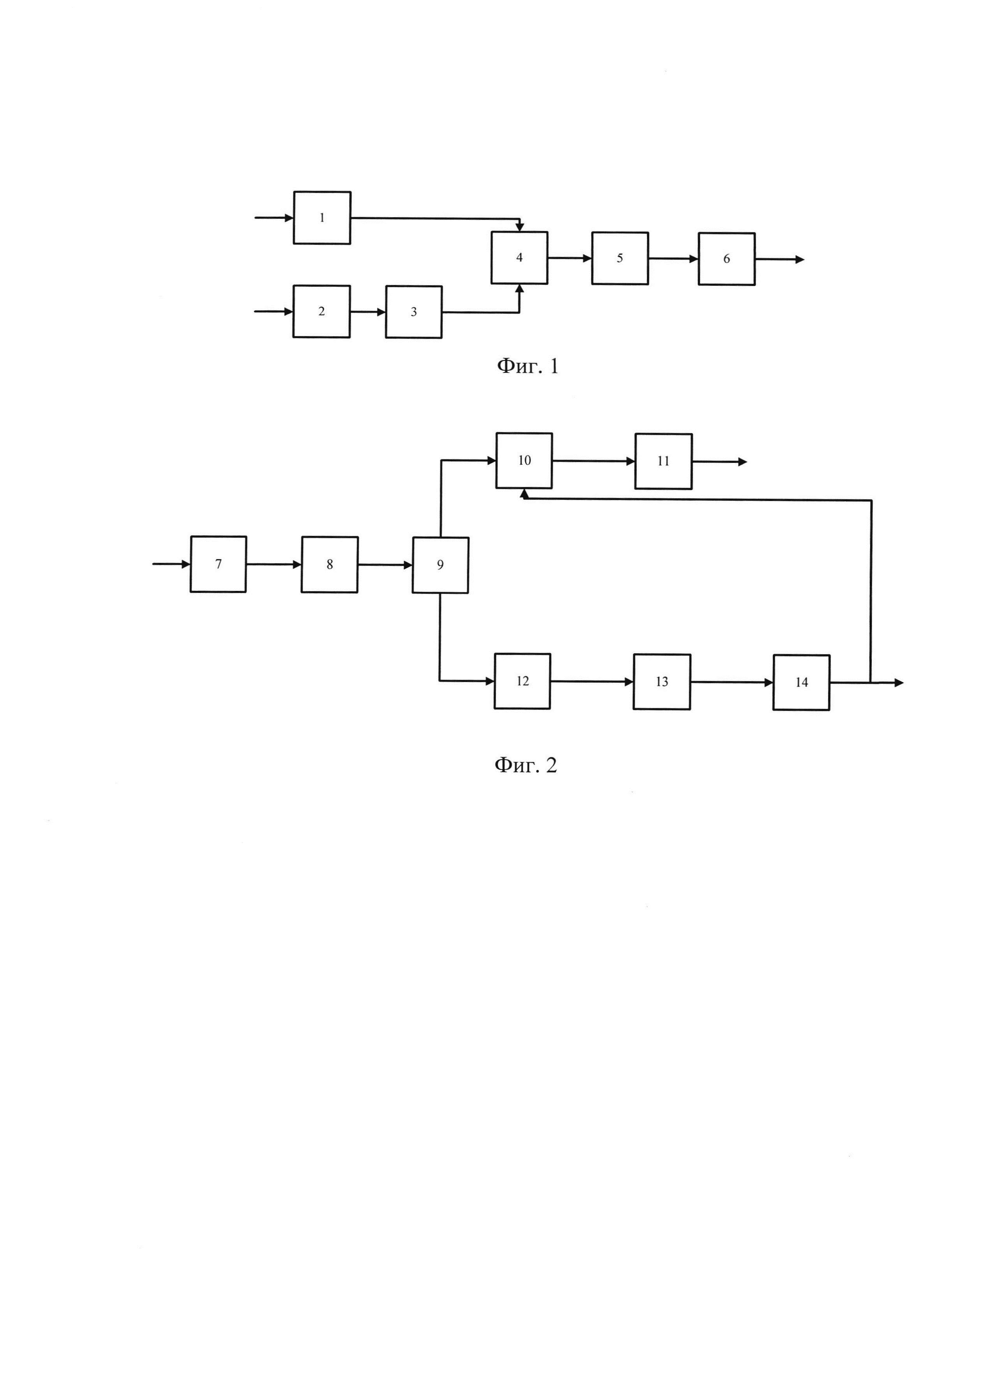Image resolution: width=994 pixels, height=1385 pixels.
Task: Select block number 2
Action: point(321,311)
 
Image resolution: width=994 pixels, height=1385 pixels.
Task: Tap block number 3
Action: point(414,312)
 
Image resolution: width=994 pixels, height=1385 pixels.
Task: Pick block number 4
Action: point(519,258)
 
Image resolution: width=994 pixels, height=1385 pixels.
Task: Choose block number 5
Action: point(619,258)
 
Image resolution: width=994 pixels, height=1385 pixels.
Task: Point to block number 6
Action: point(726,259)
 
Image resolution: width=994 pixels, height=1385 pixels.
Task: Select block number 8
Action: point(329,565)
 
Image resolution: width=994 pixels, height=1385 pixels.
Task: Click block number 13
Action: point(662,682)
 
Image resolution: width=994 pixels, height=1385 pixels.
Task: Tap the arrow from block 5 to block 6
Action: point(673,259)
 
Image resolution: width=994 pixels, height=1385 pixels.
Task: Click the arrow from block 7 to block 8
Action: point(274,565)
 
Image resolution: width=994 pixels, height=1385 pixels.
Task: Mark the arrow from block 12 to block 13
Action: point(591,682)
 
